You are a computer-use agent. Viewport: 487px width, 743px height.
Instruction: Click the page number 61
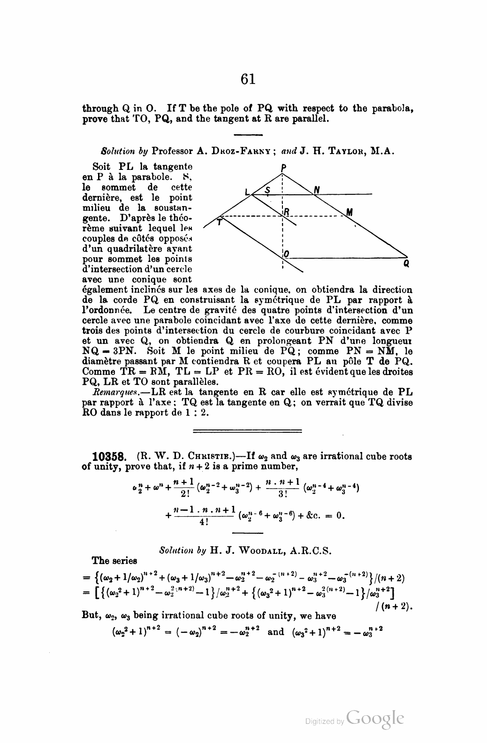pos(248,79)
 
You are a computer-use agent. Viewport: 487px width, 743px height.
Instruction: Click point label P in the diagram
pos(282,167)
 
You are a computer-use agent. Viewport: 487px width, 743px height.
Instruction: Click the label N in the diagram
pos(317,190)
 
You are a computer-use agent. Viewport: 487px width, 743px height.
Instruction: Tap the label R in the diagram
pos(286,212)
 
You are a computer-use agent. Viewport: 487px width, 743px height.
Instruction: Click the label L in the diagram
pos(247,191)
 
